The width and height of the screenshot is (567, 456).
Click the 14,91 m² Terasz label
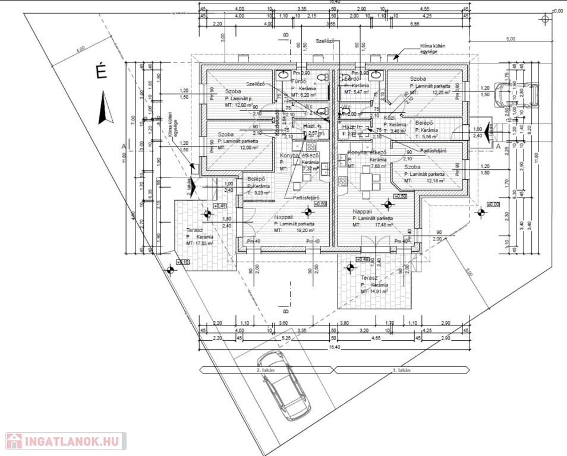pyautogui.click(x=369, y=278)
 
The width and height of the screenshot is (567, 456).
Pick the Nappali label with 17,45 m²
pyautogui.click(x=362, y=211)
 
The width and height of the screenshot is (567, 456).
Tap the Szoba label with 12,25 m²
pyautogui.click(x=418, y=79)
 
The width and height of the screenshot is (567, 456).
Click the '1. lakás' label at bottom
pyautogui.click(x=402, y=370)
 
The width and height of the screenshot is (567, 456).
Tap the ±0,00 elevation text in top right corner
pyautogui.click(x=557, y=11)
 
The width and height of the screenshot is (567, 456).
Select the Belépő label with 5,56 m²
pyautogui.click(x=424, y=123)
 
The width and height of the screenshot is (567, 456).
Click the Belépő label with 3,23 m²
pyautogui.click(x=256, y=179)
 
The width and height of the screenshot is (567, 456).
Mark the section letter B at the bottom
pyautogui.click(x=285, y=310)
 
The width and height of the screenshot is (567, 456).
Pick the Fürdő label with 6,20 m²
pyautogui.click(x=298, y=81)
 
